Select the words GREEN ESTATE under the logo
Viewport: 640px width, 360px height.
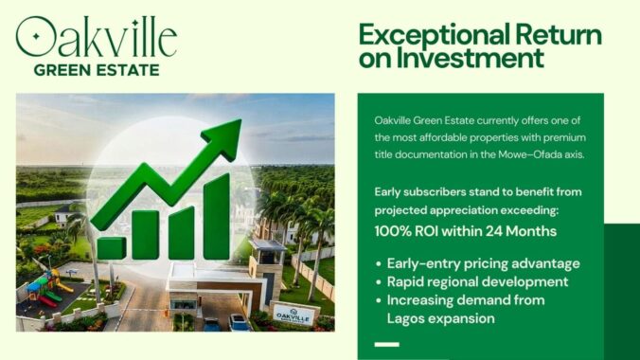(x=96, y=69)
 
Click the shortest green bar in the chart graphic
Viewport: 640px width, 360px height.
(x=111, y=247)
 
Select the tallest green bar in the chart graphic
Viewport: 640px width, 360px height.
(x=216, y=217)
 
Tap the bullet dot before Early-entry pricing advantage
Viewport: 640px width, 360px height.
(x=379, y=264)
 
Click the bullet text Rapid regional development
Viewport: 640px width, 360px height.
(x=477, y=281)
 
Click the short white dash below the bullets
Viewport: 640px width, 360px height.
(x=386, y=343)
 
